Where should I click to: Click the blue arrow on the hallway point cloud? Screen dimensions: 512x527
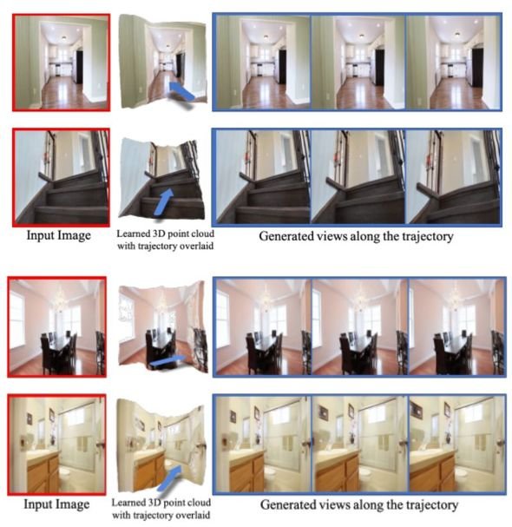(181, 91)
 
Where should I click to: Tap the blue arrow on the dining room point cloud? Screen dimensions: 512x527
(167, 361)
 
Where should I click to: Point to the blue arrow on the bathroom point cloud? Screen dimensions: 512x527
(174, 476)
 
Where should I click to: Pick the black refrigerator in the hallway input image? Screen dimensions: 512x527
(79, 67)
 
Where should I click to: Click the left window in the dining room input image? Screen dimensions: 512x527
(16, 319)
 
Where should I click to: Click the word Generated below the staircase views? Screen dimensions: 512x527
(283, 236)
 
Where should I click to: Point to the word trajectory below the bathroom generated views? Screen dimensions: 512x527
(431, 505)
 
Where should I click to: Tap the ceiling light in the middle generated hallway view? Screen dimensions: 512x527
(362, 36)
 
